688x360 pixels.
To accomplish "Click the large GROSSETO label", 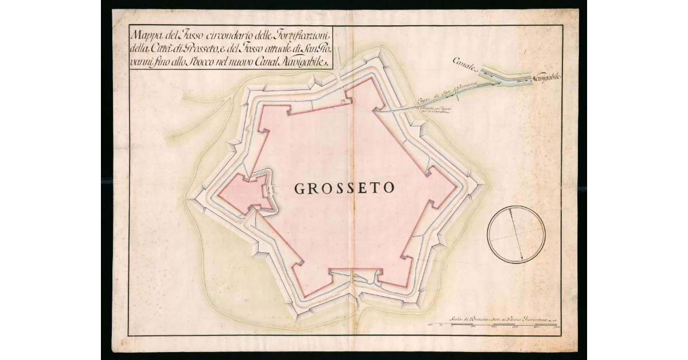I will click(x=344, y=187).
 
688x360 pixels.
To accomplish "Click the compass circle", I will click(x=515, y=234).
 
